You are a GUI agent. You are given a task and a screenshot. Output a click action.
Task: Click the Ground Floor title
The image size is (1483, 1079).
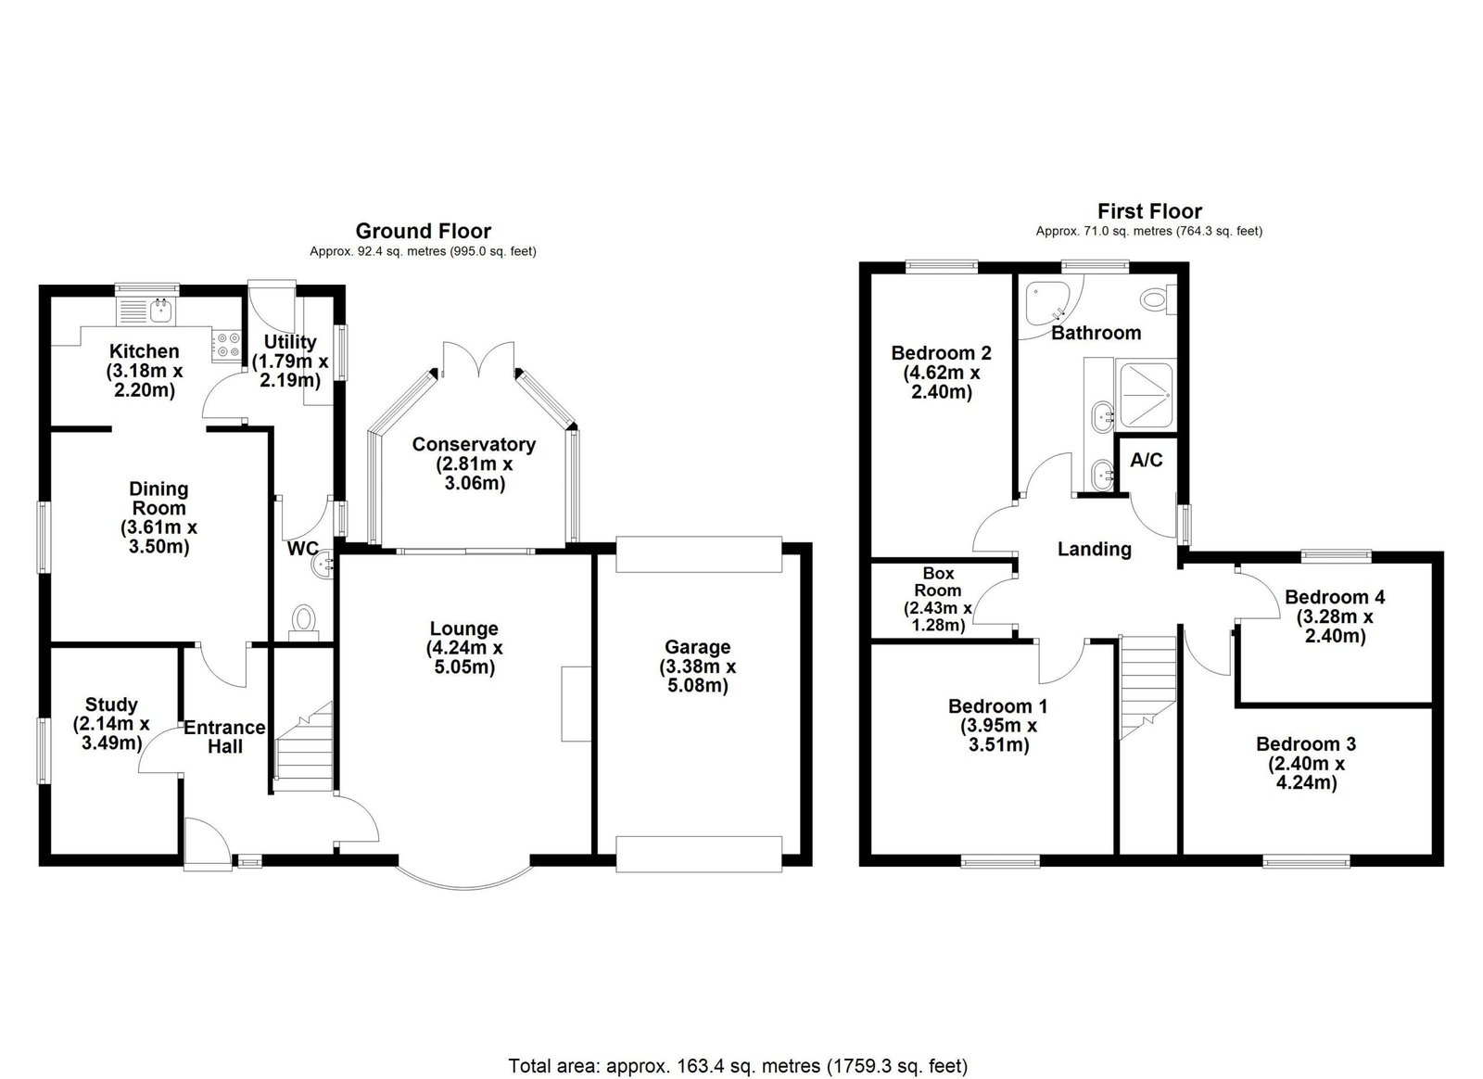[x=423, y=231]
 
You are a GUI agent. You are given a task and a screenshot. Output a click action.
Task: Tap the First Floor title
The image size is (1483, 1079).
[x=1149, y=211]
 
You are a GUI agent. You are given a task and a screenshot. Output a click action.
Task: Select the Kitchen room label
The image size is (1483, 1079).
[x=145, y=350]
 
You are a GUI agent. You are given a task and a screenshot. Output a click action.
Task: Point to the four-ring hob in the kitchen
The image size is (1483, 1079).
[x=226, y=346]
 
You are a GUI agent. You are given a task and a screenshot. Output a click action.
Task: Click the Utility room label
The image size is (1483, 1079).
[x=290, y=341]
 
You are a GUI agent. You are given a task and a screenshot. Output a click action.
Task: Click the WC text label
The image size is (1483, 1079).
[x=302, y=549]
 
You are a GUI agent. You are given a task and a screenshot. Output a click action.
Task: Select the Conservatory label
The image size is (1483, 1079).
[x=474, y=444]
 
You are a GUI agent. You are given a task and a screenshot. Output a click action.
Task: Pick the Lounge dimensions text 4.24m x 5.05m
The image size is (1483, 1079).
[x=464, y=656]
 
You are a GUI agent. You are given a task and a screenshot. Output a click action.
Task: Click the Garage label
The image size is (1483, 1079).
[x=698, y=647]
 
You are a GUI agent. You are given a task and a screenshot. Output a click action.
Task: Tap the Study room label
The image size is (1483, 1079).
[x=111, y=705]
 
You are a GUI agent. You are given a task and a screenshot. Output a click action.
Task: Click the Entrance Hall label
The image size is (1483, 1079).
[x=224, y=737]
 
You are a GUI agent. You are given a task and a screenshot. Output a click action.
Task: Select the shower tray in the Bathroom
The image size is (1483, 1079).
[x=1147, y=395]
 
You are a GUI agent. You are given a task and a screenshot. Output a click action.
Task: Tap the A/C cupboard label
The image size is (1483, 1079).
[x=1146, y=460]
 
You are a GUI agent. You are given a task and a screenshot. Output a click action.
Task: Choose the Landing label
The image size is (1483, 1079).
[x=1095, y=549]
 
